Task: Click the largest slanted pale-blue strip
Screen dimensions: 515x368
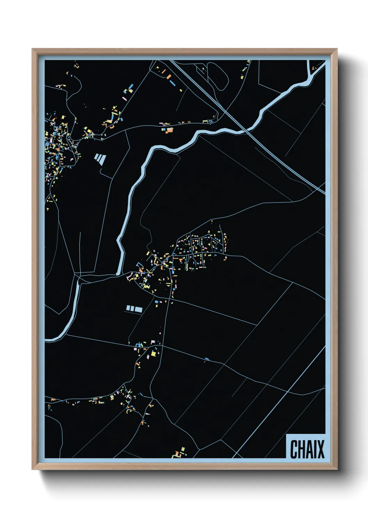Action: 103,159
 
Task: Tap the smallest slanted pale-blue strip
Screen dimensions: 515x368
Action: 96,157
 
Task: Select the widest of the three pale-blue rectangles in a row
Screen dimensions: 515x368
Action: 138,309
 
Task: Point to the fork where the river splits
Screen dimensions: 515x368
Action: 79,278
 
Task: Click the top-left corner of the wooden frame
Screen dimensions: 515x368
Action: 33,49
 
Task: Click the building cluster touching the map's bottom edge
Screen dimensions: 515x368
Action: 180,453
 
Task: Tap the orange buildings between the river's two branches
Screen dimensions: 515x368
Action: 169,130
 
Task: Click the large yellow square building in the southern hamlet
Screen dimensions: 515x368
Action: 153,354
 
